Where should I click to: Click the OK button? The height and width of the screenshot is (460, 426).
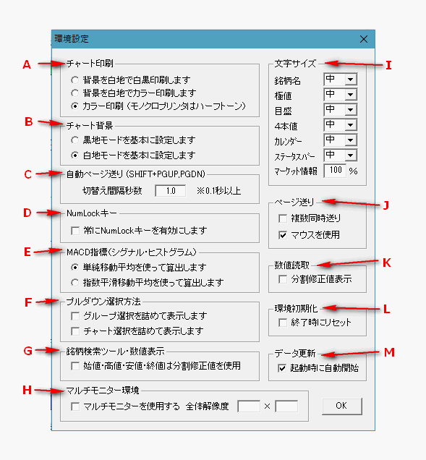(x=342, y=406)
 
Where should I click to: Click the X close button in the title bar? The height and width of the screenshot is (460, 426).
(x=364, y=39)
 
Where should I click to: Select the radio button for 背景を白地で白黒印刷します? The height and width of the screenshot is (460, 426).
(x=74, y=80)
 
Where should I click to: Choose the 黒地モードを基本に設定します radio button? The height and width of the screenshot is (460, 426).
(x=74, y=140)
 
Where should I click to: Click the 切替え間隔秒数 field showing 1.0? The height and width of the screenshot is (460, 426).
(x=171, y=191)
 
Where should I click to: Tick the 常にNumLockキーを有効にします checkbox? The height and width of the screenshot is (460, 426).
(x=75, y=231)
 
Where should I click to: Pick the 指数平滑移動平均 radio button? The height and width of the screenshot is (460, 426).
(x=74, y=283)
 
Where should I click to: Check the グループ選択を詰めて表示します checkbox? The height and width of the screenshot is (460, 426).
(x=75, y=316)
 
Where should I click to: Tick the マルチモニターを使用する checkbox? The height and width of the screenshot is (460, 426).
(x=75, y=406)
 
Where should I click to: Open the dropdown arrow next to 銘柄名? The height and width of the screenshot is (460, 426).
(x=351, y=80)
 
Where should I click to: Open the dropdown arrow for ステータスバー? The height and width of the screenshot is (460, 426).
(x=351, y=156)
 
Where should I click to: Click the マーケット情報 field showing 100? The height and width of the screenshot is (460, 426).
(x=335, y=171)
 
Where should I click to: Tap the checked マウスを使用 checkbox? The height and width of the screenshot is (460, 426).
(x=283, y=235)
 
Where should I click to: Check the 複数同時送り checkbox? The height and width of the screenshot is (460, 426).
(x=283, y=218)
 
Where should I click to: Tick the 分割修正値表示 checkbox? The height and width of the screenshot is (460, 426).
(x=283, y=279)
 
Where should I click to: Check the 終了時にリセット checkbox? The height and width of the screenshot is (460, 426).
(x=283, y=323)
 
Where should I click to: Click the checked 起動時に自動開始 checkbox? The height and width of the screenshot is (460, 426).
(x=282, y=368)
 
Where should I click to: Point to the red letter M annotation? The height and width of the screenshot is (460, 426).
(x=389, y=352)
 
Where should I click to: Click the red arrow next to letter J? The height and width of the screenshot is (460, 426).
(x=351, y=203)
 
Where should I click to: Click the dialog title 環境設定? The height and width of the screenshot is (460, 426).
(x=72, y=39)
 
